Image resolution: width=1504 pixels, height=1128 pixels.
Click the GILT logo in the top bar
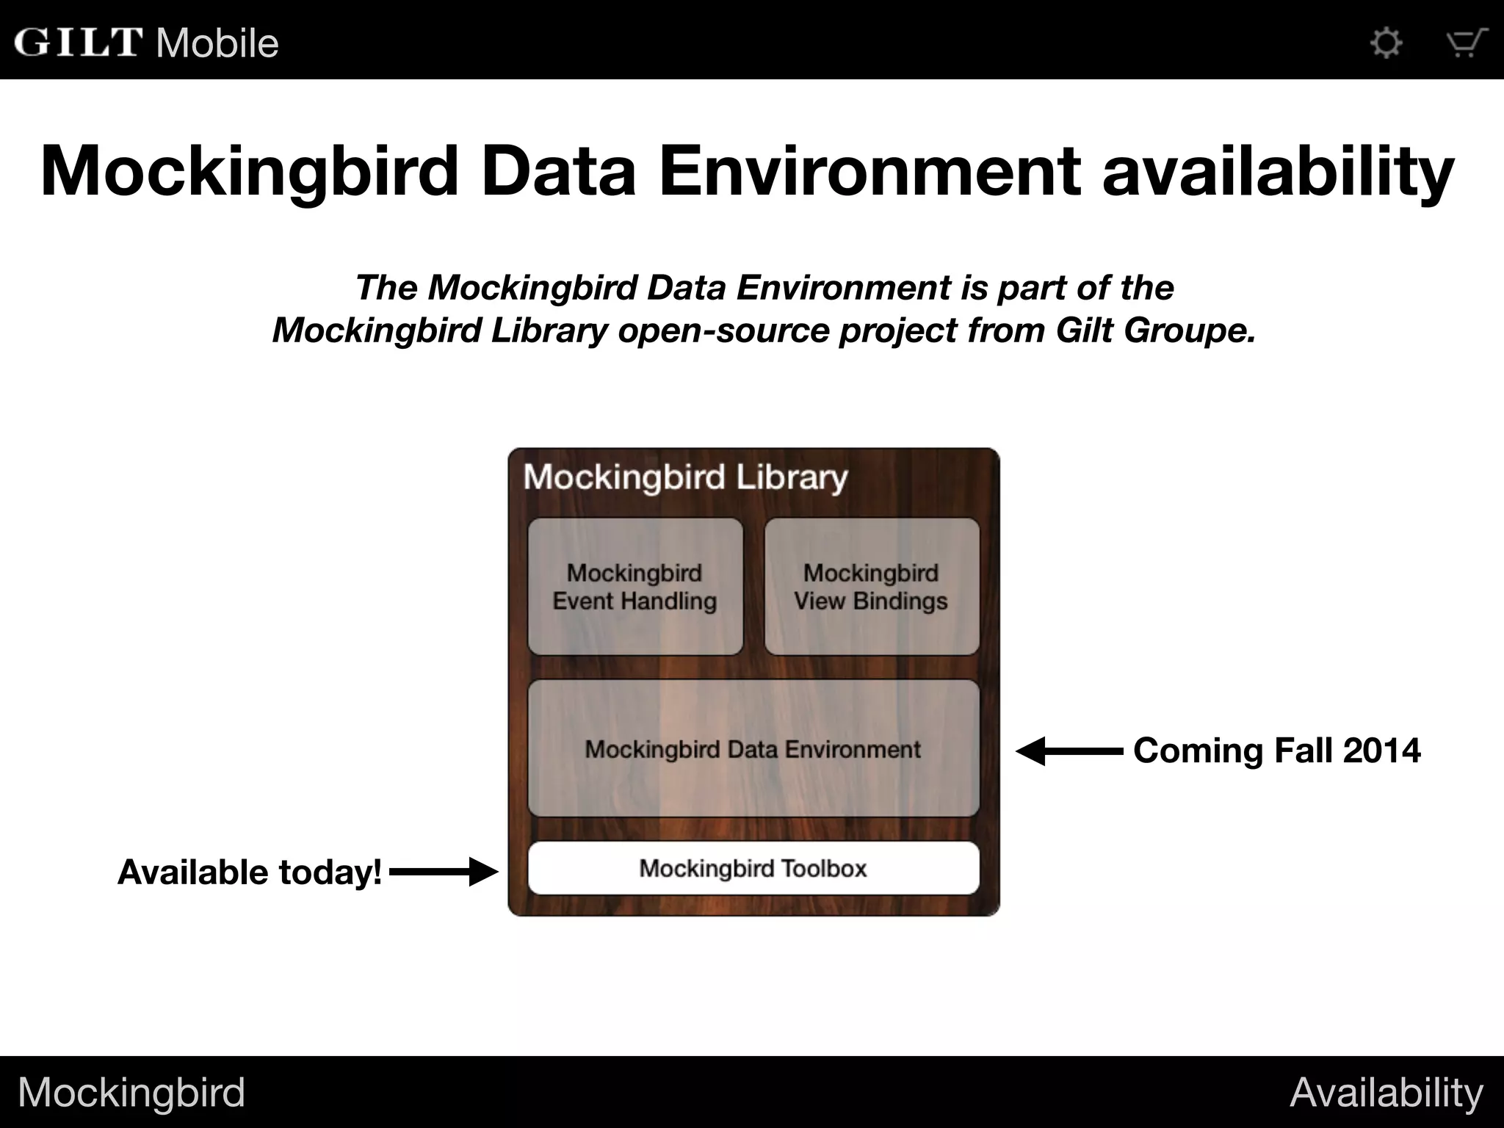coord(77,42)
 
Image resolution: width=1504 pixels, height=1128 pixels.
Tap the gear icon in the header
coord(1386,43)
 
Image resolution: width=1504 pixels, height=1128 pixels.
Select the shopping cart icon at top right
coord(1466,43)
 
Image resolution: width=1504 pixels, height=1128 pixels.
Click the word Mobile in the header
coord(217,43)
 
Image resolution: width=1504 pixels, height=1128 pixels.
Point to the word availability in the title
coord(1278,172)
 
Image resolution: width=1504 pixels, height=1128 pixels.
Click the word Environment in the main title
coord(869,172)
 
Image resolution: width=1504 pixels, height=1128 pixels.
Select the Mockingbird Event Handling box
coord(635,587)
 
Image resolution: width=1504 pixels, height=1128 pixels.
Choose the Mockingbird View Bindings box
coord(872,587)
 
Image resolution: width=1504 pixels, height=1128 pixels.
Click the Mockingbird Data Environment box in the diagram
coord(753,748)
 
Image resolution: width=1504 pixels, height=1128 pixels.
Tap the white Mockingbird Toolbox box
coord(753,868)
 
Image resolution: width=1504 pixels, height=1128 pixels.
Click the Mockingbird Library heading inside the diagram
coord(685,477)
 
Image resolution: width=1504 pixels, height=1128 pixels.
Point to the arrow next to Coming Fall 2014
coord(1069,751)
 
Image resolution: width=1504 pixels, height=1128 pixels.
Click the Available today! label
coord(250,872)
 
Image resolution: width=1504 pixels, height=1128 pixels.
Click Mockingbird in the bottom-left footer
coord(131,1092)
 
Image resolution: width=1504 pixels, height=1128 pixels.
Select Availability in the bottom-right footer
coord(1386,1092)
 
